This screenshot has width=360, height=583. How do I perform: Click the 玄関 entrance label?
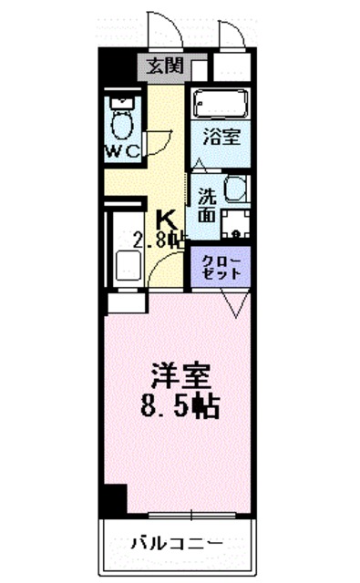tap(167, 66)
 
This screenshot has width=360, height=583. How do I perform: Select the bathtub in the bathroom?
tap(219, 105)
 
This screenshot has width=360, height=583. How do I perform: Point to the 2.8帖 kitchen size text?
tap(160, 241)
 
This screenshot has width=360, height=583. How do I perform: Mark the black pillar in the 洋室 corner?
tap(112, 499)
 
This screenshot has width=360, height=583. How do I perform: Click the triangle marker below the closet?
tap(232, 306)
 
